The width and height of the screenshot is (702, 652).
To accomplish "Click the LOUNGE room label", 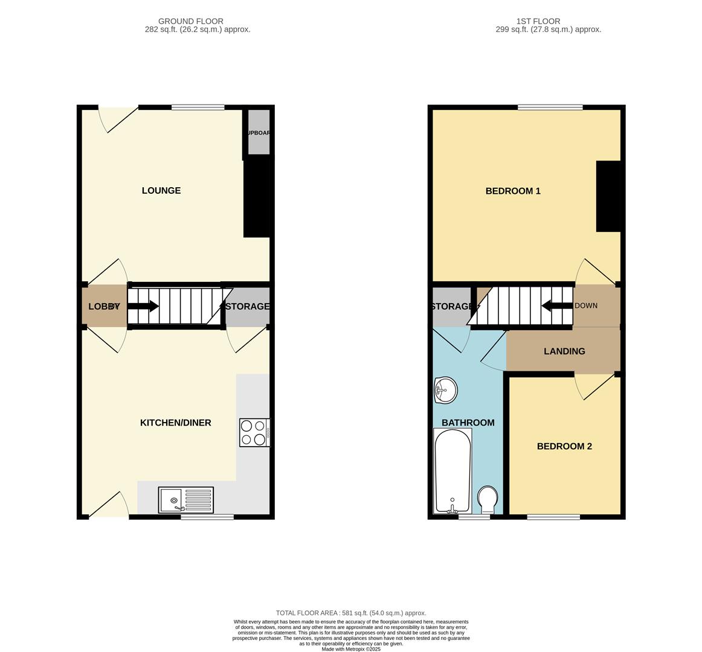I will pos(161,191).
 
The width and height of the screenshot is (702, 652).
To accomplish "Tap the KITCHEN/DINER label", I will pos(176,423).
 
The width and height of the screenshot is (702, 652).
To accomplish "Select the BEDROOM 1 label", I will pos(513,191).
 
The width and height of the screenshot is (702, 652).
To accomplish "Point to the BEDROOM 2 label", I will pos(564,447).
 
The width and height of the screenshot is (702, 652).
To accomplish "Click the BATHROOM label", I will pos(468,423).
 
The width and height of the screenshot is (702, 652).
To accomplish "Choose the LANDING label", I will pos(564,351).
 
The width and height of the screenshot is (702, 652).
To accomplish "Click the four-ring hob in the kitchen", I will pos(254,432).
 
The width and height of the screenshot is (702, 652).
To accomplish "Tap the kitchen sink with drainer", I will pos(186,500).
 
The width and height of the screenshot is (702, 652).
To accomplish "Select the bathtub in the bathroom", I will pos(452,471).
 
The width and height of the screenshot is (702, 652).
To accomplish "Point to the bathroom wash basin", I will pos(445,390).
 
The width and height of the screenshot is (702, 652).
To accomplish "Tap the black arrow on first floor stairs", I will pos(556,305).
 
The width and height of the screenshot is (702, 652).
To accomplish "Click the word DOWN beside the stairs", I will pos(586,305).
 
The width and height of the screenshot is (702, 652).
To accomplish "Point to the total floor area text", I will pos(351,613).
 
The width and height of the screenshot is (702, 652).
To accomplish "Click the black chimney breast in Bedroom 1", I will pos(608,196).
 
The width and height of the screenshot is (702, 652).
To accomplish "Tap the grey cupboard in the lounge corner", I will pos(259,133).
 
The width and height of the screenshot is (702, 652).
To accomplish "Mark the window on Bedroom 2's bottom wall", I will pos(553,517).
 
